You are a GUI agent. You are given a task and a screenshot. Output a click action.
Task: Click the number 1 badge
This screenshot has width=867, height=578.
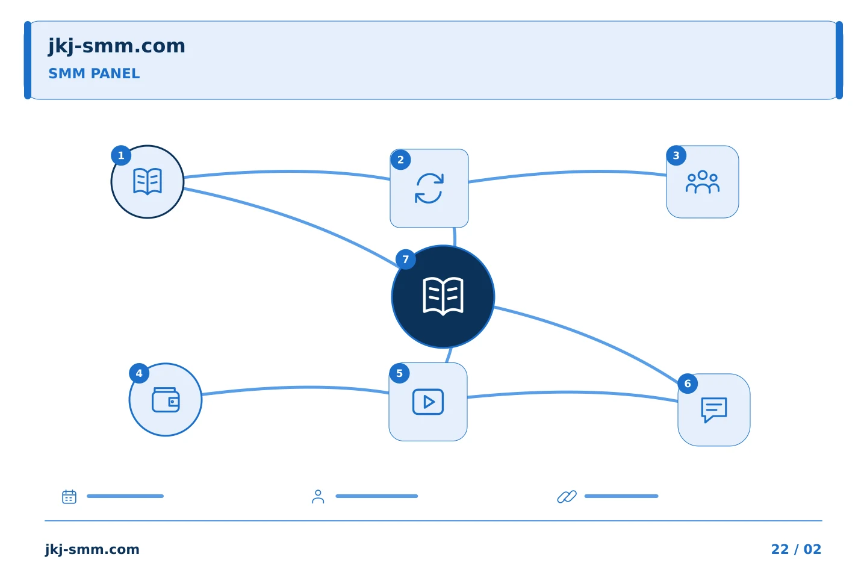tap(121, 155)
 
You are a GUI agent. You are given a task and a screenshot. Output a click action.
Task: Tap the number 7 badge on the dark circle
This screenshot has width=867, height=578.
tap(406, 259)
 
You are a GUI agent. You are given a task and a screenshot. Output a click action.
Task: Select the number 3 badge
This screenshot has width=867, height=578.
tap(676, 155)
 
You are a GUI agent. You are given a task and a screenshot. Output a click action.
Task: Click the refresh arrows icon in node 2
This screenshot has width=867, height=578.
tap(429, 188)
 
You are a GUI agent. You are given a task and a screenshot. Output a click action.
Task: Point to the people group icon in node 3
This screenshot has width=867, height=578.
tap(703, 182)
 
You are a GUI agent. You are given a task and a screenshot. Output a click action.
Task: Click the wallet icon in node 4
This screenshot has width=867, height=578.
tap(166, 400)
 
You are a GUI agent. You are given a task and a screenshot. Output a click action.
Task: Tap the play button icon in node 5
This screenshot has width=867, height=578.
tap(428, 402)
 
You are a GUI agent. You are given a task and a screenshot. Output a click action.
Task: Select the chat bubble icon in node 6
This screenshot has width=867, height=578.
tap(714, 410)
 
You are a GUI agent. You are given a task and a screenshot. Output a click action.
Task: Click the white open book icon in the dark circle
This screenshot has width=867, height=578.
tap(443, 297)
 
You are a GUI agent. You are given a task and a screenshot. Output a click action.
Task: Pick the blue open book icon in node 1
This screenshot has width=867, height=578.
tap(148, 181)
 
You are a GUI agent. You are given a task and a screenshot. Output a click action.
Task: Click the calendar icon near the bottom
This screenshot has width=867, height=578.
tap(69, 496)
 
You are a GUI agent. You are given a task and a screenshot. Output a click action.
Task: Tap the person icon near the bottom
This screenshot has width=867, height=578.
tap(318, 497)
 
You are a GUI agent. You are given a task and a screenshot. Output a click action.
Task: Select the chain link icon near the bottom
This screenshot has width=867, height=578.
tap(567, 497)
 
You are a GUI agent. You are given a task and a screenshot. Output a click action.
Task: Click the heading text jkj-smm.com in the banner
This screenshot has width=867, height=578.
tap(117, 46)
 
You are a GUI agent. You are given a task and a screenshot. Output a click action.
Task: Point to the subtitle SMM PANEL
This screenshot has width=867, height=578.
tap(94, 73)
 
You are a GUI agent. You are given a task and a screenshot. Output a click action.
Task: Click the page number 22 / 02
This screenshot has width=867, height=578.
tap(796, 549)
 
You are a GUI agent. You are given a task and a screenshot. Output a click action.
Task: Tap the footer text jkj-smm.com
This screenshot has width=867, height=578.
tap(92, 550)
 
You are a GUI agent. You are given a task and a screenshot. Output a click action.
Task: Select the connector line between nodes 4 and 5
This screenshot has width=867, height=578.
tap(296, 387)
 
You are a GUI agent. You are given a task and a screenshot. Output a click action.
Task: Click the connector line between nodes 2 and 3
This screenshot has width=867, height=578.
tap(567, 172)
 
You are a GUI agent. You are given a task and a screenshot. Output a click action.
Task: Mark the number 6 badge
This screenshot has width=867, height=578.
tap(688, 384)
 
